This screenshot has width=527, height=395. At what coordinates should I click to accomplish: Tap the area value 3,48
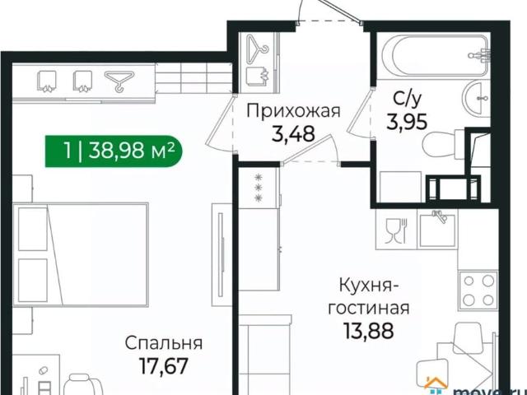[293, 134]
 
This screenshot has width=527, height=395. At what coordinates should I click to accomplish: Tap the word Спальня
[165, 342]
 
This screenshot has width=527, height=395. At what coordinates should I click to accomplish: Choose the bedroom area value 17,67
[165, 365]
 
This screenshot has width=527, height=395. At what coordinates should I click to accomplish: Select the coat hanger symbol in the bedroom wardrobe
[120, 80]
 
